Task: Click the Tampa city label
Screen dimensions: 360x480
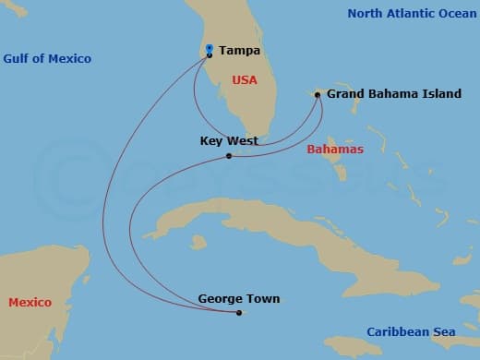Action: coord(239,51)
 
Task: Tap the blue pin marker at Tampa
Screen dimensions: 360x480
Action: coord(210,50)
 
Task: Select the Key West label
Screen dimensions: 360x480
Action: coord(229,141)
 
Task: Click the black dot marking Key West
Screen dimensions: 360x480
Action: coord(229,156)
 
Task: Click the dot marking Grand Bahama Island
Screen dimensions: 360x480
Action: coord(318,94)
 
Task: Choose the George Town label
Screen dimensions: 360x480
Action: coord(238,299)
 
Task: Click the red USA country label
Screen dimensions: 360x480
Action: coord(245,80)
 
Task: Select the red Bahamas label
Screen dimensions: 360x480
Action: coord(335,149)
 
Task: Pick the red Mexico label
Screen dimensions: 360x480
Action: coord(30,303)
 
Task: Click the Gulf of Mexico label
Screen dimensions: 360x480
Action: coord(47,59)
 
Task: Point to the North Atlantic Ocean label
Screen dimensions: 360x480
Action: coord(412,14)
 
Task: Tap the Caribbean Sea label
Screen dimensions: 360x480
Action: coord(411,332)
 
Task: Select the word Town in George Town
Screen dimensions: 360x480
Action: coord(261,299)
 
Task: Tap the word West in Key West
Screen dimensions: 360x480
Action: coord(243,141)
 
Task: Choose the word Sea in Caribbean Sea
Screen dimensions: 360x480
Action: coord(444,332)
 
